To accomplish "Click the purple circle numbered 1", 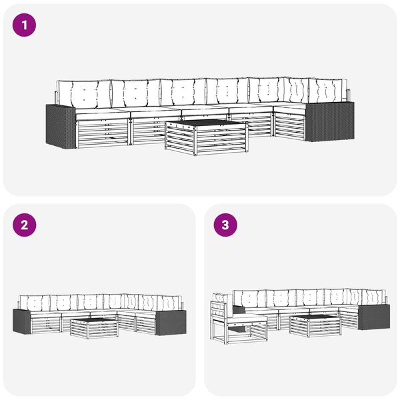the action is click(x=24, y=25).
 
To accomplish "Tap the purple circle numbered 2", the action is click(x=24, y=225).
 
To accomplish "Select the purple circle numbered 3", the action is click(x=225, y=225).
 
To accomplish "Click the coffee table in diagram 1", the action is click(x=206, y=137).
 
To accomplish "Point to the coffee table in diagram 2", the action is click(x=95, y=328).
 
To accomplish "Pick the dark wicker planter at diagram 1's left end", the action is click(x=61, y=127).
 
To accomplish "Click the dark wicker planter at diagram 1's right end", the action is click(x=329, y=121).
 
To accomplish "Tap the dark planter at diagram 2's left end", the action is click(x=22, y=321).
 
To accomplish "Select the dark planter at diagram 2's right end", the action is click(x=171, y=323).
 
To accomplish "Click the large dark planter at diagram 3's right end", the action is click(x=374, y=317).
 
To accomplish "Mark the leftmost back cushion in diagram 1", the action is click(x=84, y=93).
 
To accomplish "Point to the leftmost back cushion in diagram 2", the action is click(x=35, y=303).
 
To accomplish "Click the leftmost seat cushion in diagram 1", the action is click(x=103, y=114).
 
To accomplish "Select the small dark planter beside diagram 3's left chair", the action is click(x=239, y=309).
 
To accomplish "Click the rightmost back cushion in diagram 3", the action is click(x=373, y=297).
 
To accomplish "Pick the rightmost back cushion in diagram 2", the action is click(x=169, y=303).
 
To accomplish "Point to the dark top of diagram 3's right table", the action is click(x=315, y=318).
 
